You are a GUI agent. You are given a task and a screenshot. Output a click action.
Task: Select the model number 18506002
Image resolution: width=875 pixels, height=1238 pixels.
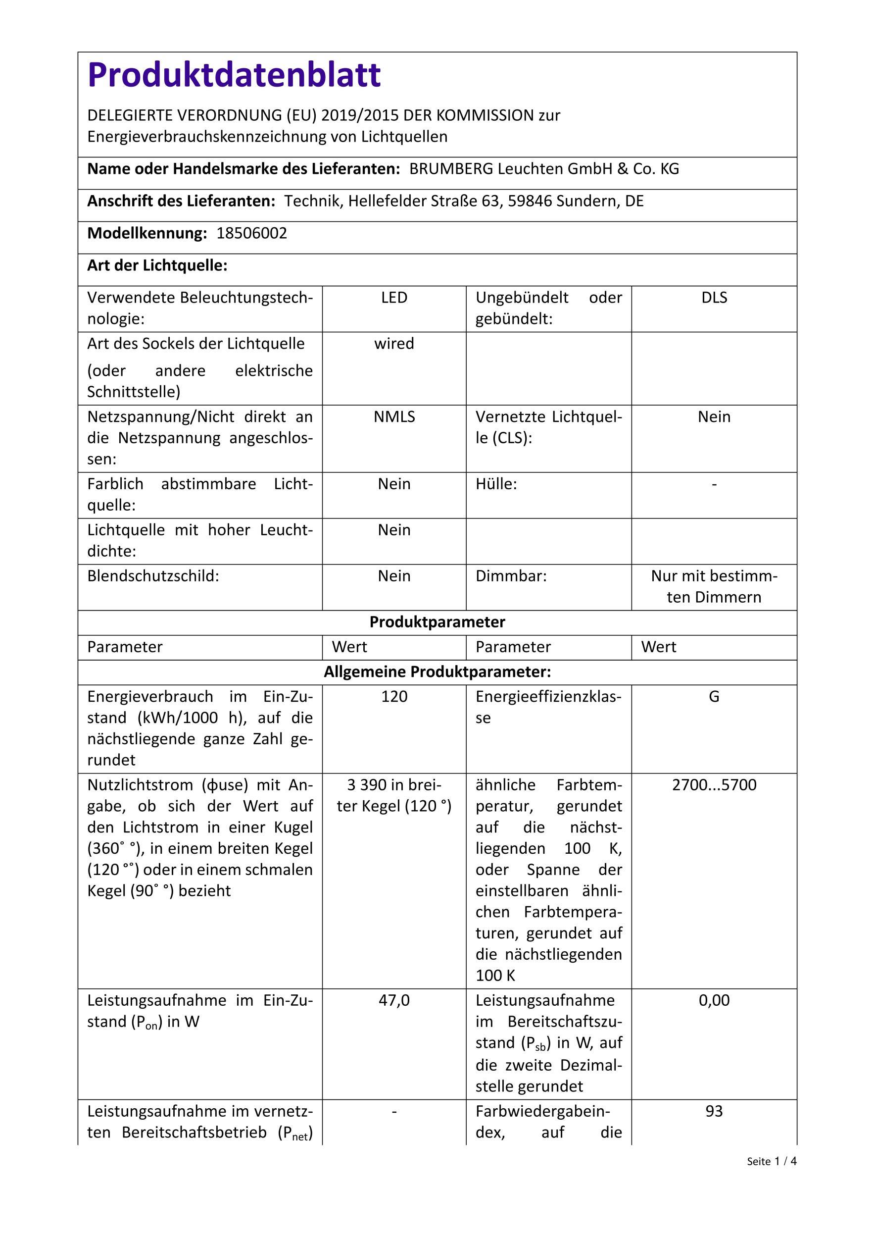pos(251,233)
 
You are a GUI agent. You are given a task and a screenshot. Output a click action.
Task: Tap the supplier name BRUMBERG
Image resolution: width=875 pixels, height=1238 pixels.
pos(450,169)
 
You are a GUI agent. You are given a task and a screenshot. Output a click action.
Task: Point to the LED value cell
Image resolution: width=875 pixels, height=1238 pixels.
pos(394,298)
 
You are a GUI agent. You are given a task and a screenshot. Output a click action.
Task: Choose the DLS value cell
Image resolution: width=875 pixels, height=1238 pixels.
pos(714,298)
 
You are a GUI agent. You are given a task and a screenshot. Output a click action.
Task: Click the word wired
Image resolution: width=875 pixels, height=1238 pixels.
pos(394,344)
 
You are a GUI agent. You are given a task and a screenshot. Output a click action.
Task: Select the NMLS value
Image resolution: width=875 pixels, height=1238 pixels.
pos(394,417)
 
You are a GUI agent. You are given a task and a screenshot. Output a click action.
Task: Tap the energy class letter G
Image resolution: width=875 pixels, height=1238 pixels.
pos(714,697)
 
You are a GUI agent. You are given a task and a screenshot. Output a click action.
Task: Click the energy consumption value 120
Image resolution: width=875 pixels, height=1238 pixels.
pos(394,697)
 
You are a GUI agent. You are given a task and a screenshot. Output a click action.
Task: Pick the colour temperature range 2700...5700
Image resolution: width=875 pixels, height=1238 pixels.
pos(714,784)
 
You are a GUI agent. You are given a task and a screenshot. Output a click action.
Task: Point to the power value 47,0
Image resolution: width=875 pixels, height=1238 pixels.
pos(394,1000)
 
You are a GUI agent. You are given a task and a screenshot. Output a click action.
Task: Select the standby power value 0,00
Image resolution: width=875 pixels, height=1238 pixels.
pos(714,1000)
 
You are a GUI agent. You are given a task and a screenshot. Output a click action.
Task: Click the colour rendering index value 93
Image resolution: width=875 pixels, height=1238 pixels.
pos(714,1111)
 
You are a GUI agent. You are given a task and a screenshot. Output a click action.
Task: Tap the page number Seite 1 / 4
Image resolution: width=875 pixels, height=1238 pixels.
pos(771,1161)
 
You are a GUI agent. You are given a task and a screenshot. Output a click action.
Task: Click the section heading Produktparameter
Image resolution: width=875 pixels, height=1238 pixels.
pos(437,622)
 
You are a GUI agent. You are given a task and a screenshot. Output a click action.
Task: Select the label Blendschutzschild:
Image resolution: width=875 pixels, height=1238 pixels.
pos(153,576)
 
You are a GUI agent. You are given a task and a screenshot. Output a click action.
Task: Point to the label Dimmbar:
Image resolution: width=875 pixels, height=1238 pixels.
pos(511,576)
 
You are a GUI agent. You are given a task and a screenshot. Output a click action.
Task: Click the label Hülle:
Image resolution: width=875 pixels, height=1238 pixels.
pos(496,484)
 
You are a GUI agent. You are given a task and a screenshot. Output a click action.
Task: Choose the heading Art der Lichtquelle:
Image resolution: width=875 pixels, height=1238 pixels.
pos(157,266)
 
